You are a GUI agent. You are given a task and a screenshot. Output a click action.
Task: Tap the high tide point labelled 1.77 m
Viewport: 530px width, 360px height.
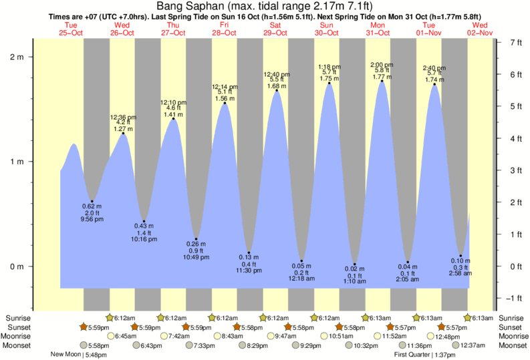[382, 81]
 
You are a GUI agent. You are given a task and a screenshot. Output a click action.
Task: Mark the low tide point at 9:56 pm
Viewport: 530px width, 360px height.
[92, 201]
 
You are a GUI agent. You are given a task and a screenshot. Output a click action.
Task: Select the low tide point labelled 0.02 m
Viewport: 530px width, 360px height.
[355, 264]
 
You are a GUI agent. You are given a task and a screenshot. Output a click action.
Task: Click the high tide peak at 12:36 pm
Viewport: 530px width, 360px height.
[123, 134]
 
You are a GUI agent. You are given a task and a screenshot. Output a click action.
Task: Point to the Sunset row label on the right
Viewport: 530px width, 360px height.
[511, 327]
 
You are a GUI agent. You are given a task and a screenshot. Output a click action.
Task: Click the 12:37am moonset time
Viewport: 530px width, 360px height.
[472, 345]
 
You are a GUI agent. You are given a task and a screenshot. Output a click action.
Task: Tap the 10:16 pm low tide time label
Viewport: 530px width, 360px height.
[144, 239]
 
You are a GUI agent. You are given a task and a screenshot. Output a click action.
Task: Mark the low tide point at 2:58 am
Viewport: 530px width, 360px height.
[461, 256]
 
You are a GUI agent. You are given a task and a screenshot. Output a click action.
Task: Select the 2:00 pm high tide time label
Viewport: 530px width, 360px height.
[382, 64]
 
